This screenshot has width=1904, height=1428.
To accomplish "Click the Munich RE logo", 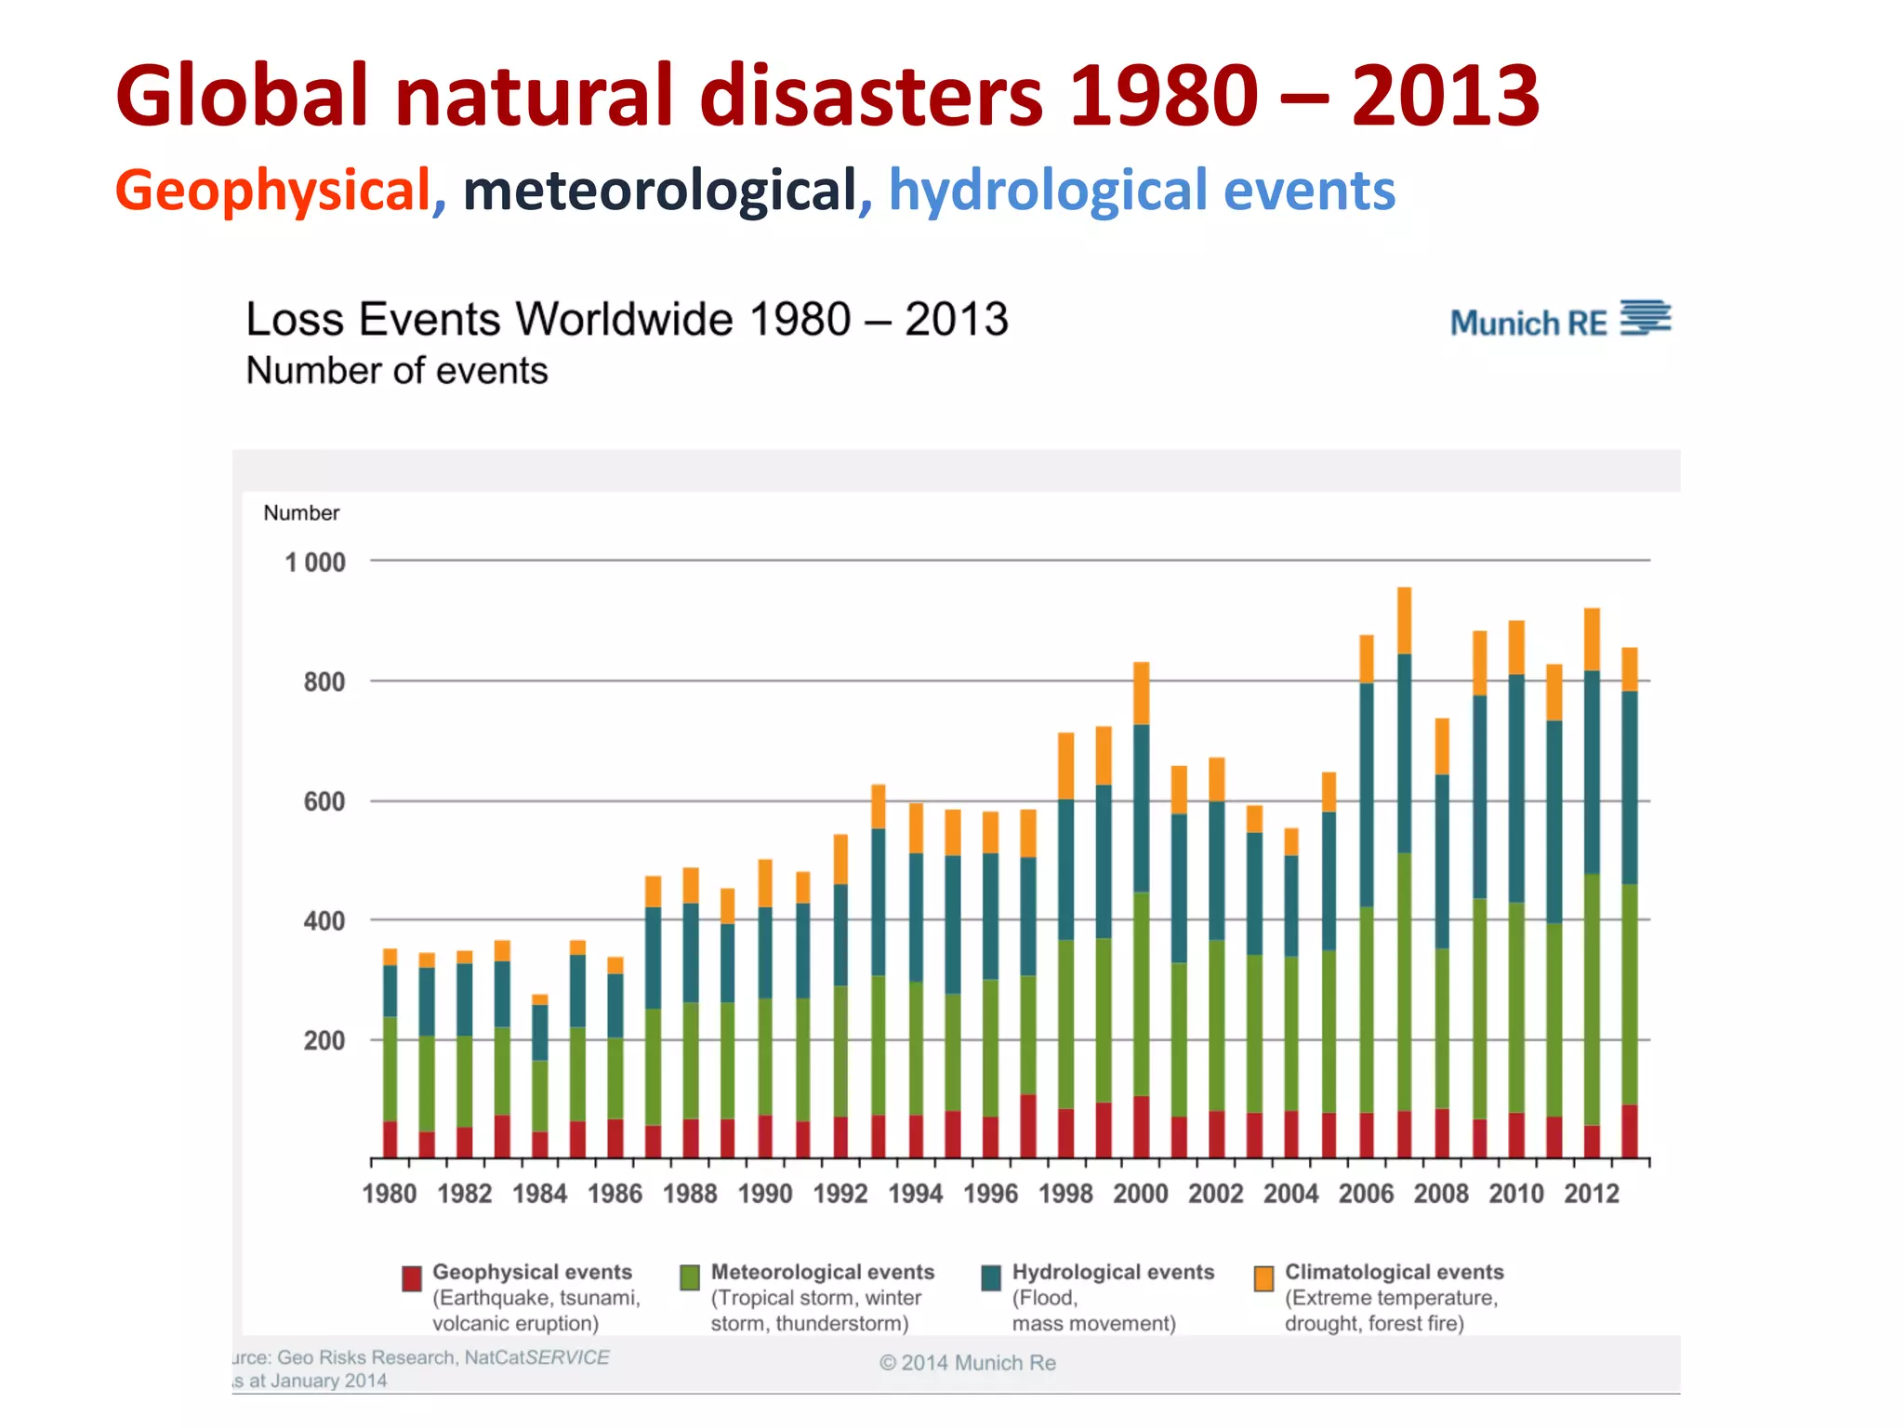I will pyautogui.click(x=1559, y=321).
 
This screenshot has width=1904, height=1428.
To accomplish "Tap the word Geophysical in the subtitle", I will pyautogui.click(x=272, y=191).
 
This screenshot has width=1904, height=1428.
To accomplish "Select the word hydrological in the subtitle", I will pyautogui.click(x=1048, y=191).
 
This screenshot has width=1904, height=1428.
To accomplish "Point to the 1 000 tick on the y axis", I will pyautogui.click(x=315, y=562).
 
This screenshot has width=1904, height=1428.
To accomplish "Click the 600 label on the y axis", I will pyautogui.click(x=324, y=801).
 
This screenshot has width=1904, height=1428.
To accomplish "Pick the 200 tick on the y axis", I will pyautogui.click(x=324, y=1040).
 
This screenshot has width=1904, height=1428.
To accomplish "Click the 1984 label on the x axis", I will pyautogui.click(x=539, y=1194).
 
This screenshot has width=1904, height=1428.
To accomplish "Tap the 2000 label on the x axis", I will pyautogui.click(x=1141, y=1194).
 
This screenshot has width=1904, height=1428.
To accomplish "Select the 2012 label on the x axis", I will pyautogui.click(x=1591, y=1194).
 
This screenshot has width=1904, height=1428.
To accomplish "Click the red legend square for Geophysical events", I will pyautogui.click(x=412, y=1278).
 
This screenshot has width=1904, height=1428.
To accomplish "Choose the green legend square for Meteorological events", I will pyautogui.click(x=690, y=1278).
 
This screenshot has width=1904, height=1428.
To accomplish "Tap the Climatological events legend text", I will pyautogui.click(x=1394, y=1272).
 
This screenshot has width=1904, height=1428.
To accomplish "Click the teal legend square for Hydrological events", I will pyautogui.click(x=991, y=1278).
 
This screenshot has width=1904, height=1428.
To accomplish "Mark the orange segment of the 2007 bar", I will pyautogui.click(x=1404, y=620).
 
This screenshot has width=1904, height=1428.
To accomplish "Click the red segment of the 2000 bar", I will pyautogui.click(x=1141, y=1127).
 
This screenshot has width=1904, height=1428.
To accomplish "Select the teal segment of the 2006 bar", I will pyautogui.click(x=1367, y=795).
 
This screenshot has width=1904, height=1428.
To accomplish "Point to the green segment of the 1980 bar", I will pyautogui.click(x=390, y=1069).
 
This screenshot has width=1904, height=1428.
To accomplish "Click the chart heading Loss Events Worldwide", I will pyautogui.click(x=627, y=320).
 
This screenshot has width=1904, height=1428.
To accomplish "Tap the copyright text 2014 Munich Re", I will pyautogui.click(x=968, y=1363).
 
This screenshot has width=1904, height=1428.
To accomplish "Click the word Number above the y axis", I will pyautogui.click(x=301, y=513).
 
